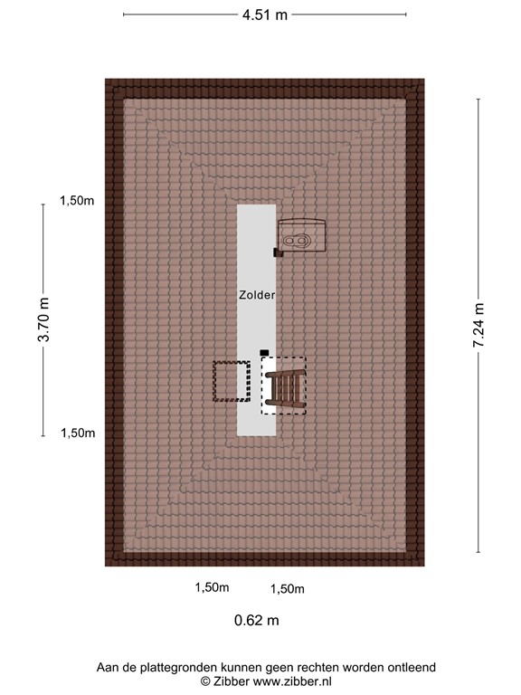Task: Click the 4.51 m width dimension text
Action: coord(265,14)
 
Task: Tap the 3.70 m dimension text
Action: coord(43,320)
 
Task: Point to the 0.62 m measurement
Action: coord(257,620)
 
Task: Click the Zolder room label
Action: coord(256,295)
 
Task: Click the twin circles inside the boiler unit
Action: coord(296,241)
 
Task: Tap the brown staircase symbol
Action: coord(284,386)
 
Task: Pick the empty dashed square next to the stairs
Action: coord(231,381)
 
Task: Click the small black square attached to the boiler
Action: coord(279,253)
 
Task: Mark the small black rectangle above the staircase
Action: coord(264,352)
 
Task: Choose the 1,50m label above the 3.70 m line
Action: coord(78,201)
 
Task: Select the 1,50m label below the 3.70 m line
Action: coord(78,433)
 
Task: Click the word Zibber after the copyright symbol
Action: coord(232,681)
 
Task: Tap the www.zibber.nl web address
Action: coord(292,681)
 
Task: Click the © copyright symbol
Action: coord(205,681)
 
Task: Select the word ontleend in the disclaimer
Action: coord(412,667)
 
